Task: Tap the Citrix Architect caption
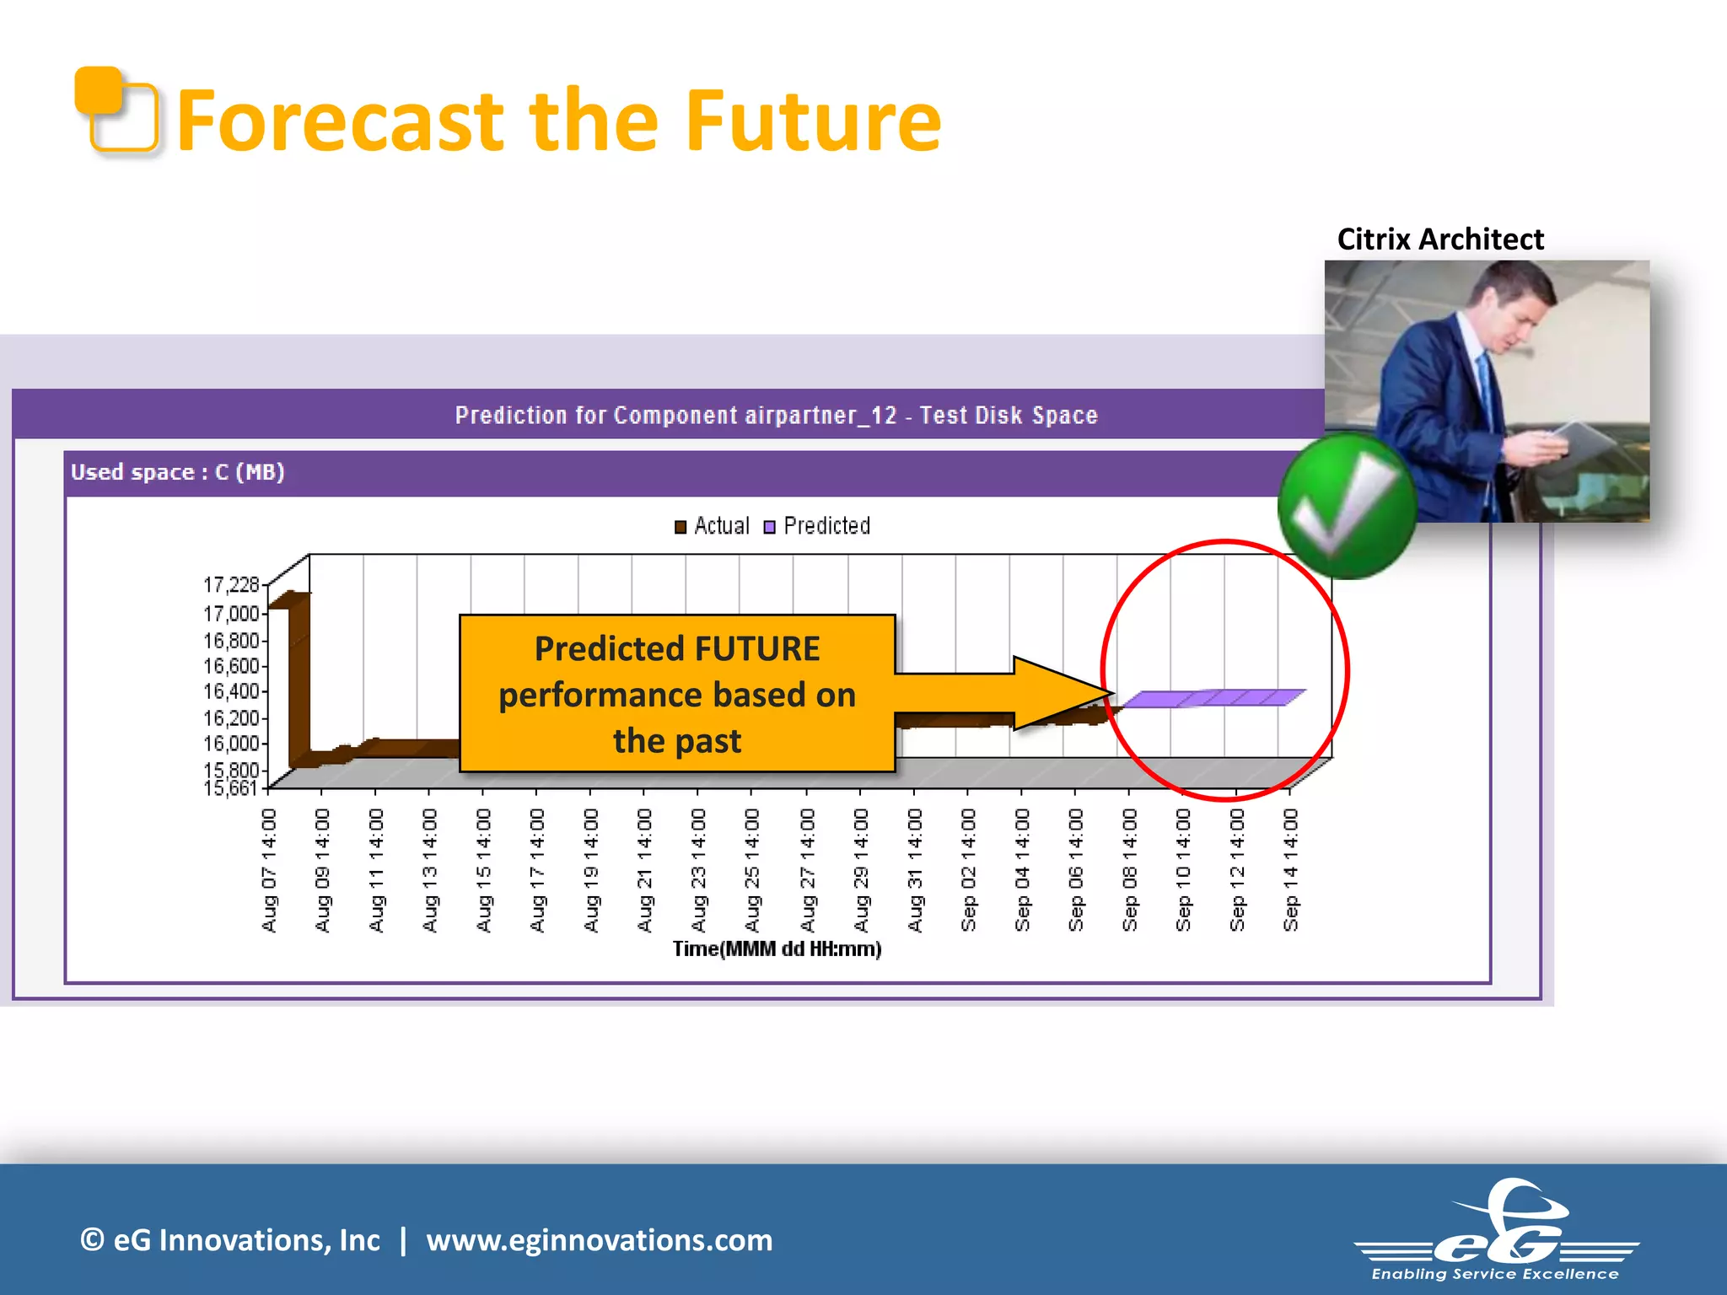pos(1439,239)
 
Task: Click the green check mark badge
pos(1346,506)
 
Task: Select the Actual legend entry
pos(713,526)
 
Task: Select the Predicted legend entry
pos(817,526)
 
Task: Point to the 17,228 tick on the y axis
pos(231,584)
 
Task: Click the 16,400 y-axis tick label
pos(231,691)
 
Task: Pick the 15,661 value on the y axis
pos(231,788)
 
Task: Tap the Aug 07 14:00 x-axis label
pos(269,870)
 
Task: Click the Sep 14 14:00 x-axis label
pos(1290,870)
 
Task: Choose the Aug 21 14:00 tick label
pos(645,870)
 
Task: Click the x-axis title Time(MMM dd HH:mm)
pos(777,949)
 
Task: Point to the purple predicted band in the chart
pos(1214,698)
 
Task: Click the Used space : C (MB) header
pos(178,472)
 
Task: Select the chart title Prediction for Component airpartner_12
pos(776,415)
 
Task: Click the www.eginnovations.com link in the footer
pos(599,1240)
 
